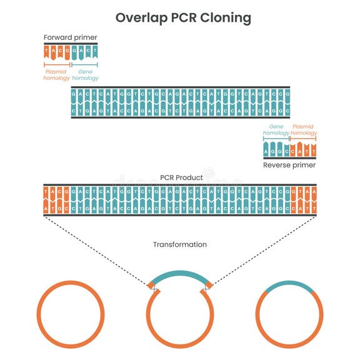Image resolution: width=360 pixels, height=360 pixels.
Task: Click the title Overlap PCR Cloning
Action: click(183, 17)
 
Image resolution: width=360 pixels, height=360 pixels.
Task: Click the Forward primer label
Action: click(70, 37)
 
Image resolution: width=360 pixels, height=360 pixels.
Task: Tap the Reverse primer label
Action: click(289, 165)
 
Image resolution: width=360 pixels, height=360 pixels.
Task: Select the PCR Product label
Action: click(180, 177)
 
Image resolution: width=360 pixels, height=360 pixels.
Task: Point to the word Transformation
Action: click(180, 244)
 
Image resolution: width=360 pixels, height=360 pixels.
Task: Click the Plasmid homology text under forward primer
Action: click(56, 75)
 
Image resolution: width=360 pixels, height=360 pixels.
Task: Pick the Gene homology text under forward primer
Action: click(85, 75)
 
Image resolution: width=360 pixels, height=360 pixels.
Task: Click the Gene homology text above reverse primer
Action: click(276, 129)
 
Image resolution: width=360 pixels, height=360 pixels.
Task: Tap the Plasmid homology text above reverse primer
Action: click(304, 129)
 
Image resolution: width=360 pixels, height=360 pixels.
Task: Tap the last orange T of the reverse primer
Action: click(313, 152)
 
